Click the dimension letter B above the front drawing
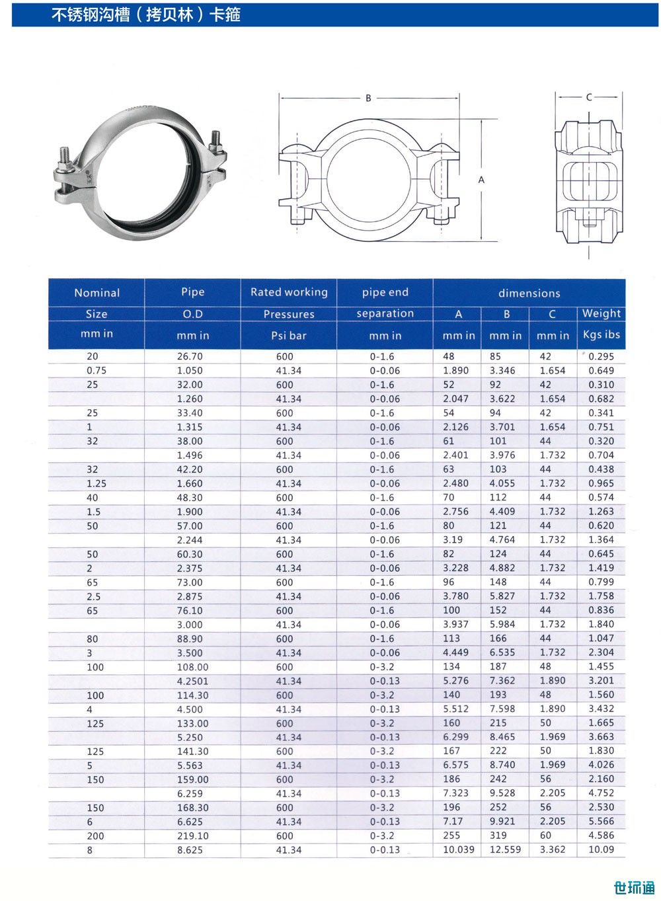pyautogui.click(x=368, y=98)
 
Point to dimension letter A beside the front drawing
pyautogui.click(x=481, y=180)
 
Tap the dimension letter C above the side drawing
pyautogui.click(x=589, y=97)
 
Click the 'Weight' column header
pyautogui.click(x=602, y=313)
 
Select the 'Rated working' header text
pyautogui.click(x=289, y=292)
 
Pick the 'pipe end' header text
pyautogui.click(x=385, y=292)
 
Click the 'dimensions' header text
pyautogui.click(x=529, y=294)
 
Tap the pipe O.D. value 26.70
pyautogui.click(x=190, y=356)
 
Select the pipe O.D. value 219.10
pyautogui.click(x=193, y=836)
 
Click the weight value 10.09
pyautogui.click(x=601, y=849)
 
